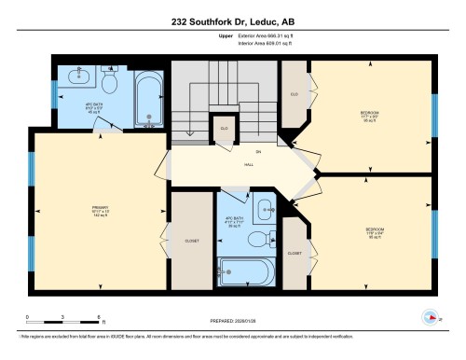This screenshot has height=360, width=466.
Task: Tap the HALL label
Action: [x=251, y=165]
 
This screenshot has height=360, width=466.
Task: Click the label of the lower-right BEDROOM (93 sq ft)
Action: [x=374, y=232]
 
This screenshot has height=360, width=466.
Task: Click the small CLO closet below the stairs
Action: [x=224, y=129]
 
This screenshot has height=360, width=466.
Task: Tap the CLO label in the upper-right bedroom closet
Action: [x=294, y=94]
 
